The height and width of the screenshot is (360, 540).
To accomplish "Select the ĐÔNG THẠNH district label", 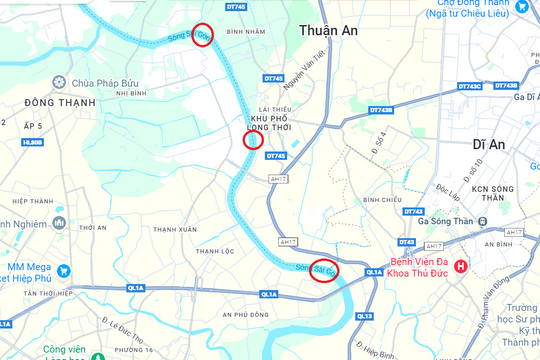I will click(x=39, y=101).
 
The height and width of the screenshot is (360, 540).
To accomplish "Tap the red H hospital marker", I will click(x=460, y=266).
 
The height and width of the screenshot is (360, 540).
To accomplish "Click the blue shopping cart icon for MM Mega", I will click(x=64, y=270).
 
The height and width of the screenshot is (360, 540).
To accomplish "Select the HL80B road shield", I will click(x=33, y=142).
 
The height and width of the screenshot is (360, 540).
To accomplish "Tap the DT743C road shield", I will click(x=470, y=86).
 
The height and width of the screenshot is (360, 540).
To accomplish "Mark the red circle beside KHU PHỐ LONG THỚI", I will click(x=254, y=139).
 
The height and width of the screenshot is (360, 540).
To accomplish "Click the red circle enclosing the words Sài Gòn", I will click(x=323, y=270).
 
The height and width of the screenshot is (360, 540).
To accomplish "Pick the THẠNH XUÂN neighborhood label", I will click(x=176, y=229).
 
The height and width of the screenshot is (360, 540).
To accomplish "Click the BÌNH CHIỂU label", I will click(x=382, y=200).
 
